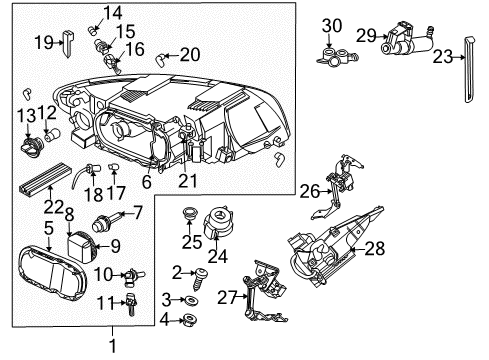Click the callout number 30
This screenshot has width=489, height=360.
331,24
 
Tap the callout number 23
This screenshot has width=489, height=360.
444,58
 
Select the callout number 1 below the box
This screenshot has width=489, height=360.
112,346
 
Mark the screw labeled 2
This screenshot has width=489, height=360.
201,273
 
